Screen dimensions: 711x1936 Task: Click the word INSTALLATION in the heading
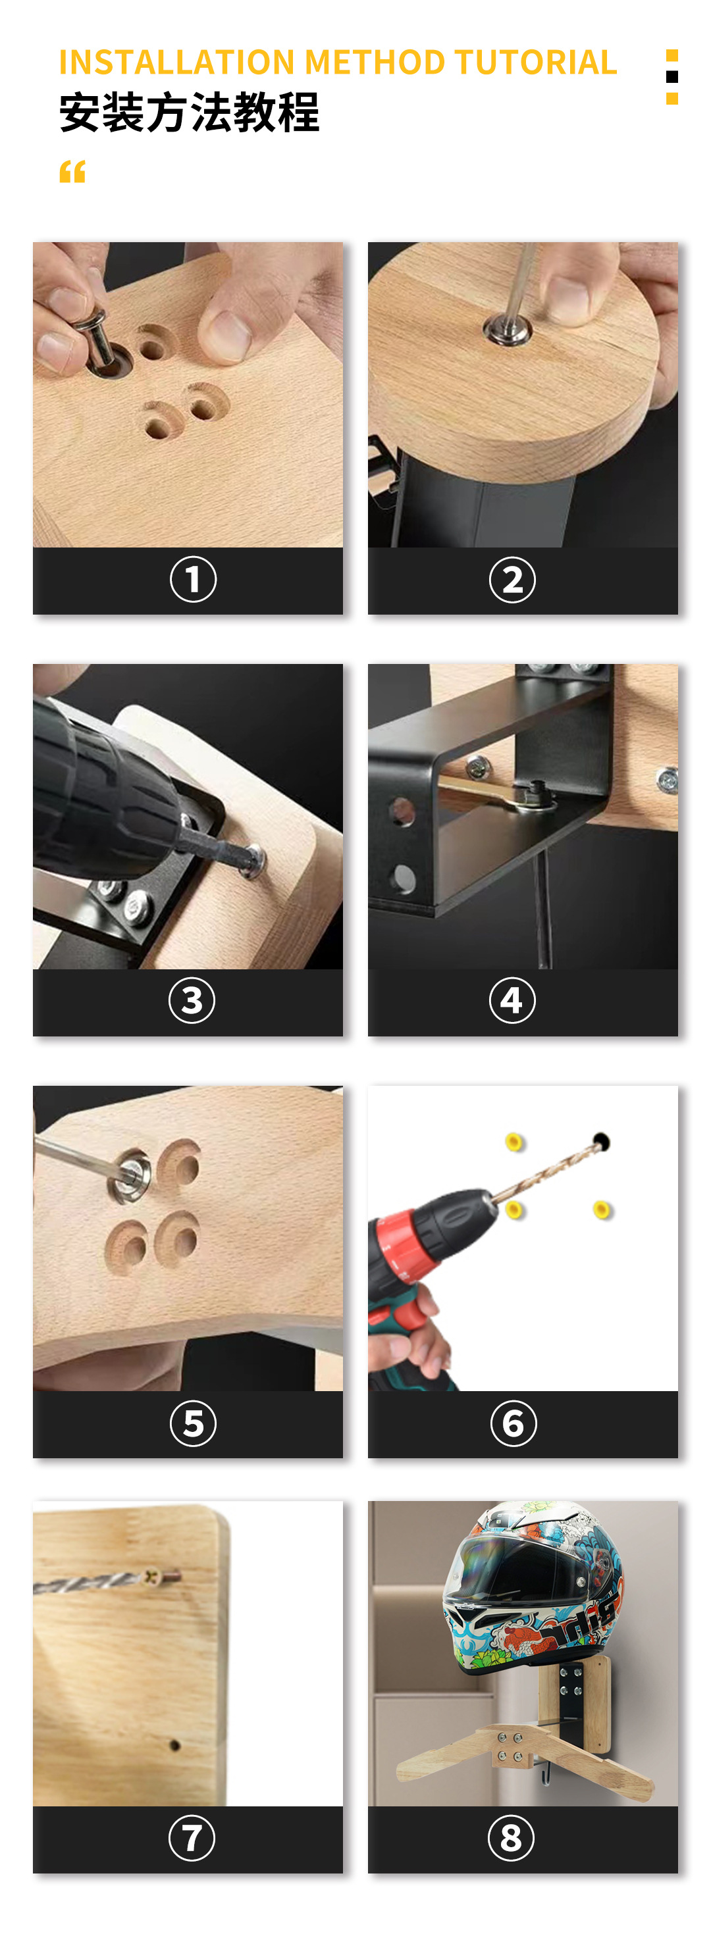[176, 63]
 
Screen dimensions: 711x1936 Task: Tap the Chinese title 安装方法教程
[190, 113]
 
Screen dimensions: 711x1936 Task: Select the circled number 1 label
[193, 580]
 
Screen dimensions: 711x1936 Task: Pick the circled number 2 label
[513, 580]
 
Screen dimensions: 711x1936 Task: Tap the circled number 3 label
[192, 1000]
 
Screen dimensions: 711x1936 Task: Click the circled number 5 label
[193, 1423]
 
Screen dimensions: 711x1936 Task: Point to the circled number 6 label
[513, 1423]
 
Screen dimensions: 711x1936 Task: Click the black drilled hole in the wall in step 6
[600, 1142]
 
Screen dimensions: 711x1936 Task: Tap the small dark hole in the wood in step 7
[174, 1745]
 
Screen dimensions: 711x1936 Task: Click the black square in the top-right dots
[672, 76]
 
